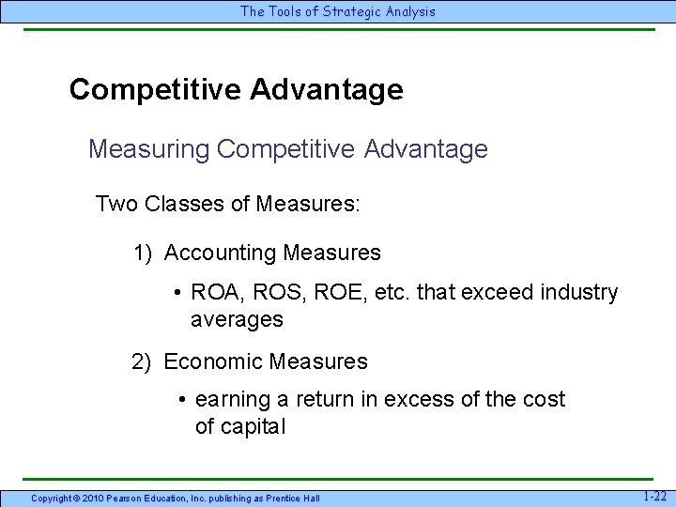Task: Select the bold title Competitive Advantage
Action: pos(236,90)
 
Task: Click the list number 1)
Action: pos(143,253)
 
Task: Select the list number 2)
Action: pos(143,361)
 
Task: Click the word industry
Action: pos(579,293)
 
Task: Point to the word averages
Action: pos(237,319)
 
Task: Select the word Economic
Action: pos(213,361)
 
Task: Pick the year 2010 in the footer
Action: pos(93,498)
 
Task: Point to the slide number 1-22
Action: pos(655,496)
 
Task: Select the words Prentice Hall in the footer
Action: pos(292,498)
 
